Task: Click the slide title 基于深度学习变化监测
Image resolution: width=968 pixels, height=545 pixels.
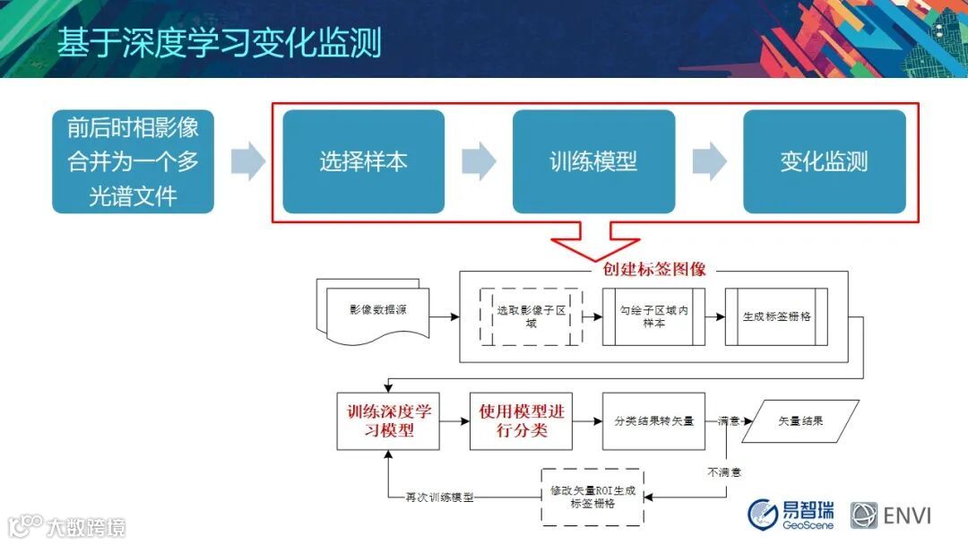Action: [220, 42]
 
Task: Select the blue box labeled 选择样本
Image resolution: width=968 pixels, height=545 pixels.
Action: [363, 161]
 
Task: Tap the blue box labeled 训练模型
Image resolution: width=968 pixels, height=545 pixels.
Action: [593, 161]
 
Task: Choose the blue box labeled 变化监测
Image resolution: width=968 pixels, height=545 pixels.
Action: [824, 161]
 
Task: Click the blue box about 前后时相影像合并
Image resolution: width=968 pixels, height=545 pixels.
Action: [133, 161]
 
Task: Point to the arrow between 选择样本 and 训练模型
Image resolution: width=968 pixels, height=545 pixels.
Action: [479, 161]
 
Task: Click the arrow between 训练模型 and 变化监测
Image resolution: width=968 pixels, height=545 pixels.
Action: [709, 161]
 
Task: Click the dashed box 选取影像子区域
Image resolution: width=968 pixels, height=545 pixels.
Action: [531, 316]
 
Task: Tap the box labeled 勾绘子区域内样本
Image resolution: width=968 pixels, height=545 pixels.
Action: [653, 316]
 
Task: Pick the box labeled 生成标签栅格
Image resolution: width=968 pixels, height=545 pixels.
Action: [776, 316]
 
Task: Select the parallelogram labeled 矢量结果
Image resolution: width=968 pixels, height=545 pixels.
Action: [800, 420]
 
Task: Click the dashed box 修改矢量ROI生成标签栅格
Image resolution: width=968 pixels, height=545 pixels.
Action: [592, 497]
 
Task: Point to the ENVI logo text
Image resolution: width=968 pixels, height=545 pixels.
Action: [907, 515]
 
